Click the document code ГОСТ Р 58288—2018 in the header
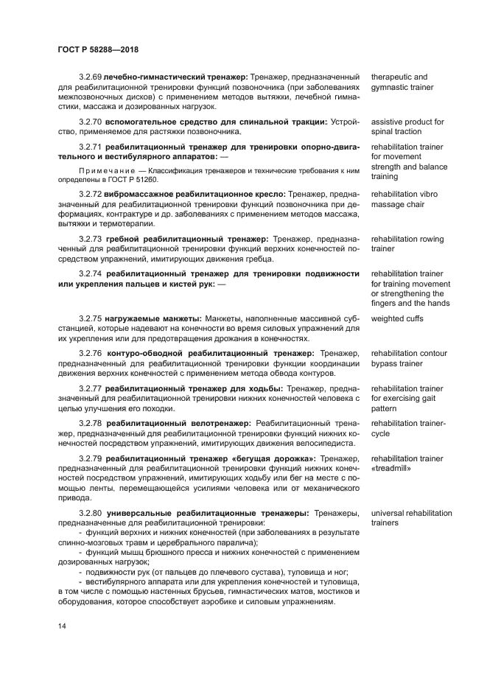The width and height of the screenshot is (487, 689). [97, 50]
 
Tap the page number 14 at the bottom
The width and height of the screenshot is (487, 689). [62, 626]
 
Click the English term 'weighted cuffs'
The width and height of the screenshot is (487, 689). [397, 318]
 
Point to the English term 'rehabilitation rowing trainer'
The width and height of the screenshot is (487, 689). [407, 244]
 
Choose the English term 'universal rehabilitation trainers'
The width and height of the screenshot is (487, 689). [409, 517]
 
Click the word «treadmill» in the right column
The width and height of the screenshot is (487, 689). [390, 468]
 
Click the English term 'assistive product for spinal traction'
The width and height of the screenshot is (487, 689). [407, 126]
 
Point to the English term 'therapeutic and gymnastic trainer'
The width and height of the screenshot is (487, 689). [402, 82]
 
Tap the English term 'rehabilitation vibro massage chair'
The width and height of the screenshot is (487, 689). [407, 199]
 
